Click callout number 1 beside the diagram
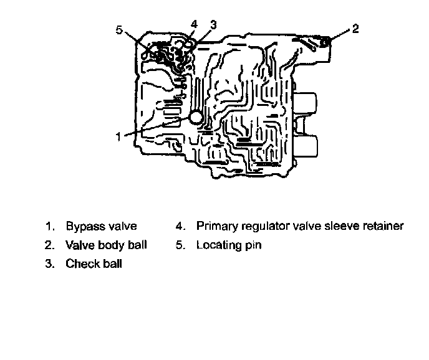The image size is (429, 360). pyautogui.click(x=118, y=136)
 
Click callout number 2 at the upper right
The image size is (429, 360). pyautogui.click(x=355, y=29)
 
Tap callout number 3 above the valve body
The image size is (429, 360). pyautogui.click(x=213, y=24)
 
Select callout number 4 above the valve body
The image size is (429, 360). pyautogui.click(x=195, y=24)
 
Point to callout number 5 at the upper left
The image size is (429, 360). pyautogui.click(x=119, y=29)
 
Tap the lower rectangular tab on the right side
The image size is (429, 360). pyautogui.click(x=306, y=147)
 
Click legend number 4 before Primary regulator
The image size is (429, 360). pyautogui.click(x=179, y=226)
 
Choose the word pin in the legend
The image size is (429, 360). pyautogui.click(x=252, y=245)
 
